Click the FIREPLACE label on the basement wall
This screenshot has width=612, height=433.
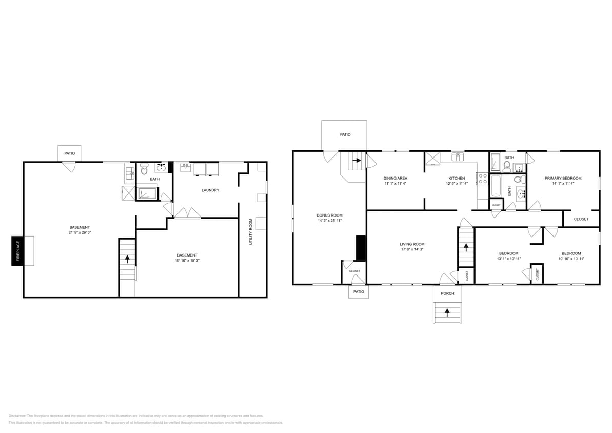(x=18, y=251)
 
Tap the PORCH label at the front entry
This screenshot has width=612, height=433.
(x=447, y=293)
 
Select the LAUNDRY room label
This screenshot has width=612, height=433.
(x=210, y=190)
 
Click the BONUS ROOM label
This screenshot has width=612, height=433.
(x=329, y=215)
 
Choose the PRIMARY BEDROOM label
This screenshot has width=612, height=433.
(x=563, y=178)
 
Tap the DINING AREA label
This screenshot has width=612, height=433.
(x=395, y=178)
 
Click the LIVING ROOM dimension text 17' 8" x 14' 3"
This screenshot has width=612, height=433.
(x=412, y=249)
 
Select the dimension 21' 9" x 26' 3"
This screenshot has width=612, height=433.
(x=80, y=232)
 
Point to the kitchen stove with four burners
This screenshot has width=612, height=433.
(x=483, y=179)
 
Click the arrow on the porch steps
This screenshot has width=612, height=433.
(x=447, y=311)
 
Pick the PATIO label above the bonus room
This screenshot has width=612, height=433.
(x=345, y=134)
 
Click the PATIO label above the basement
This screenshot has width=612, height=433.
(x=69, y=153)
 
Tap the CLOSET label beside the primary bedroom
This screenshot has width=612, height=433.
(x=581, y=219)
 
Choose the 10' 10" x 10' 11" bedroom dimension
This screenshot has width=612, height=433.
(x=571, y=259)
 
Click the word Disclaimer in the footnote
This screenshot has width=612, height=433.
(x=17, y=416)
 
